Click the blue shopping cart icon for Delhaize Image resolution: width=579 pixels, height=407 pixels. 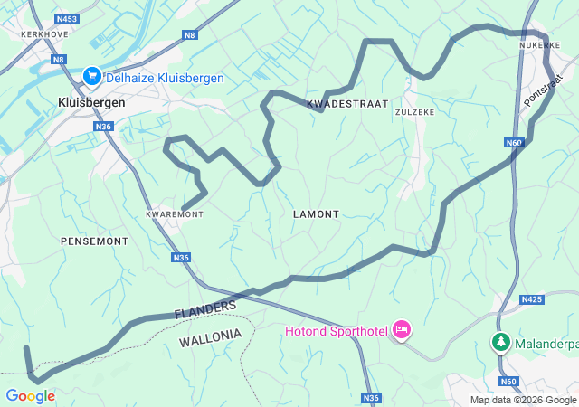(x=91, y=78)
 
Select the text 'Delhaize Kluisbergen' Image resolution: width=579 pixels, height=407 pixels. (x=164, y=79)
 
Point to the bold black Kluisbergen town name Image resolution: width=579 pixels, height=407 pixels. (x=91, y=102)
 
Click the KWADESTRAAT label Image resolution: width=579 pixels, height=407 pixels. (x=347, y=104)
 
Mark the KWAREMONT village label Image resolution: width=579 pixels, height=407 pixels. (x=175, y=214)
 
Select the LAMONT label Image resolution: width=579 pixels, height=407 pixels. (x=316, y=214)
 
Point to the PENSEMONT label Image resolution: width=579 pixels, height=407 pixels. (x=94, y=241)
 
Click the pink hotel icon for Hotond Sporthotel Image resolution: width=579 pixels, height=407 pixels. (x=401, y=331)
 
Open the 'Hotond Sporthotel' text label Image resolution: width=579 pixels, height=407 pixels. (x=335, y=331)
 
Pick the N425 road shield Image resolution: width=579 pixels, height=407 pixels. (x=531, y=298)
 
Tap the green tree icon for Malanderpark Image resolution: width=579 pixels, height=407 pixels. (x=499, y=342)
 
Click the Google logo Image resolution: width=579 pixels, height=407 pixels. (x=30, y=396)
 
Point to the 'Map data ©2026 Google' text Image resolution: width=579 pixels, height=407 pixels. (x=522, y=400)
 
